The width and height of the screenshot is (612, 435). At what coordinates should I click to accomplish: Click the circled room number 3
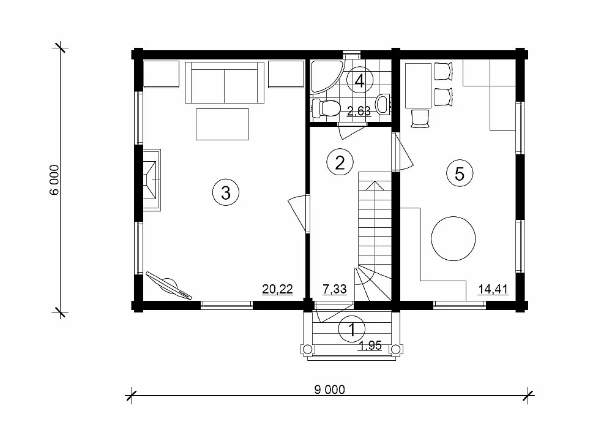226,192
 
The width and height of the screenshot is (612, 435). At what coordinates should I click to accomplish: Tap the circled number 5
460,173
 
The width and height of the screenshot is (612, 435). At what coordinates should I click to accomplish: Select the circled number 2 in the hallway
340,162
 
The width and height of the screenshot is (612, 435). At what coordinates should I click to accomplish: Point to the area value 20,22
277,290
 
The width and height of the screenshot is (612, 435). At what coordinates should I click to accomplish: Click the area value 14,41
493,290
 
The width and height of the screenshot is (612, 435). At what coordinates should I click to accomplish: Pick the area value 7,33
335,290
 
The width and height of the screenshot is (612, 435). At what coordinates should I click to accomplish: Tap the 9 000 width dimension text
330,390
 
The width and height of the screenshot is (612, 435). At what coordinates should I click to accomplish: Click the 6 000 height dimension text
54,180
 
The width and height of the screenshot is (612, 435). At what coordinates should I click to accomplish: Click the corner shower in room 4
326,76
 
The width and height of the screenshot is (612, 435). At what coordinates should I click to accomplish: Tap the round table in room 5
453,238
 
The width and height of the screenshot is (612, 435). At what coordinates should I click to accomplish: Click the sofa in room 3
225,83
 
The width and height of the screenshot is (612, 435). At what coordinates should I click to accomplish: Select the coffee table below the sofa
223,124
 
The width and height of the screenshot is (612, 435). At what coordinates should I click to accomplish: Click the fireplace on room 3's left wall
152,180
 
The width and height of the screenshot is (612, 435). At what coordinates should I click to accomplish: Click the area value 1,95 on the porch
370,346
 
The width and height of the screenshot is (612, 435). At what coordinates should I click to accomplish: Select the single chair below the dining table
420,118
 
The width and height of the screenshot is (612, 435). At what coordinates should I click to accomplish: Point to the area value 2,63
359,111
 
